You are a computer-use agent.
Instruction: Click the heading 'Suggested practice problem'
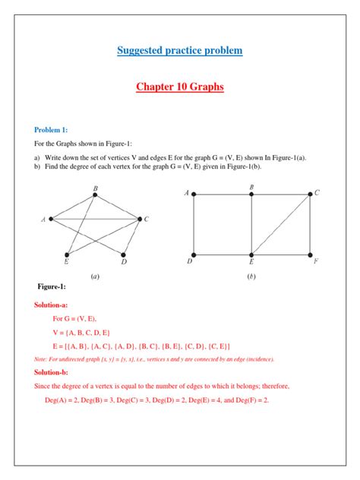[179, 51]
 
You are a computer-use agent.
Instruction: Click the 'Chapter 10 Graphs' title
[179, 87]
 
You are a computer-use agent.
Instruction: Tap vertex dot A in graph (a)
[50, 219]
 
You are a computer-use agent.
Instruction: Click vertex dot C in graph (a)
[140, 219]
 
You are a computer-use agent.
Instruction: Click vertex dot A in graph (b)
[194, 194]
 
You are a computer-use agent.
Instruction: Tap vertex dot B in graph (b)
[251, 194]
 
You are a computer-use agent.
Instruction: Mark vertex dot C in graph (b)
[310, 194]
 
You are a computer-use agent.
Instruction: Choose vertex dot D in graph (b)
[194, 254]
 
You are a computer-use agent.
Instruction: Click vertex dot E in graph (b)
[251, 254]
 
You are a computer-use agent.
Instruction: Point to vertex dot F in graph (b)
[310, 254]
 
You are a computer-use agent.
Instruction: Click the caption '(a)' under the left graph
[94, 277]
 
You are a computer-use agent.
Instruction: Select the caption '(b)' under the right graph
[251, 277]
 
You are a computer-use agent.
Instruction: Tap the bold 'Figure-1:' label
[52, 286]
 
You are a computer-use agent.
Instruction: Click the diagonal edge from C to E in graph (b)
[281, 224]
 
